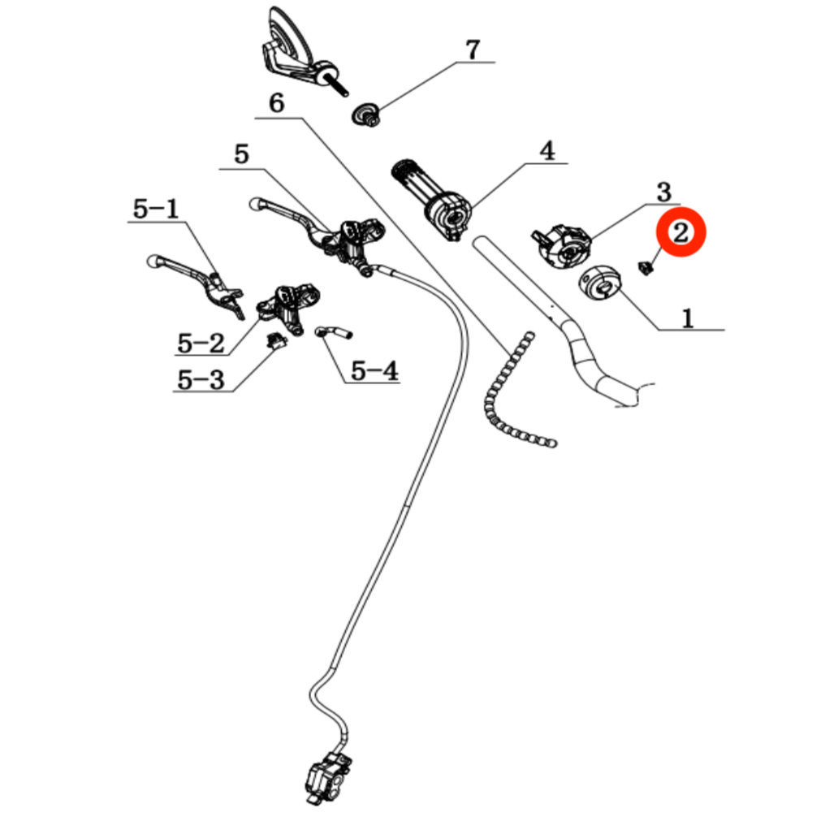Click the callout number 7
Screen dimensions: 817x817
tap(472, 50)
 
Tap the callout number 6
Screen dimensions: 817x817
tap(276, 103)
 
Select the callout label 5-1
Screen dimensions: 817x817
tap(156, 209)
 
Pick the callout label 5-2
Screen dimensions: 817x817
tap(201, 343)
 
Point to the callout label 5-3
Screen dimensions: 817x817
tap(201, 379)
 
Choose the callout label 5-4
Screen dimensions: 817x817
tap(374, 371)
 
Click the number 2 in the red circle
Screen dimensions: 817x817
tap(681, 232)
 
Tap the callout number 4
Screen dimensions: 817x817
tap(547, 151)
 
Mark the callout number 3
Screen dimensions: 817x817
tap(664, 192)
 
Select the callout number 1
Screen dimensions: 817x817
tap(688, 318)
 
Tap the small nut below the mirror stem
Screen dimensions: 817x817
tap(365, 115)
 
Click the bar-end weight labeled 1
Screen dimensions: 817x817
tap(600, 283)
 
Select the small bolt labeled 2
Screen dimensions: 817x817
tap(646, 268)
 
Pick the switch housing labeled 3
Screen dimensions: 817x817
tap(562, 246)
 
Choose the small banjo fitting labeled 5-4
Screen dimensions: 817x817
tap(334, 332)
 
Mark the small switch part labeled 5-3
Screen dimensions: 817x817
tap(277, 340)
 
